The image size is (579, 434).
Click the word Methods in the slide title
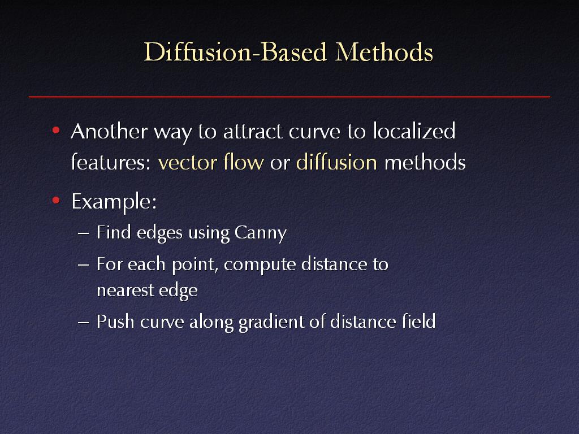click(x=384, y=51)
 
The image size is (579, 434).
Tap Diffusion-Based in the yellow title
click(x=235, y=51)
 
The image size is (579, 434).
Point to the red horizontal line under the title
click(x=289, y=97)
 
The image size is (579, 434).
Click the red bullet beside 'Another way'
click(x=56, y=131)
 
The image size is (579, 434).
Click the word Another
click(x=109, y=131)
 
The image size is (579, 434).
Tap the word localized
click(x=414, y=131)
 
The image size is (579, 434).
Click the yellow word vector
click(x=185, y=163)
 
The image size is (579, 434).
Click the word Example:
click(x=114, y=202)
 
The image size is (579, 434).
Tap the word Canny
click(x=261, y=233)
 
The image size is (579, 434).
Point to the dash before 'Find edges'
click(x=84, y=233)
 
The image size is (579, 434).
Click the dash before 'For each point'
click(x=84, y=266)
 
